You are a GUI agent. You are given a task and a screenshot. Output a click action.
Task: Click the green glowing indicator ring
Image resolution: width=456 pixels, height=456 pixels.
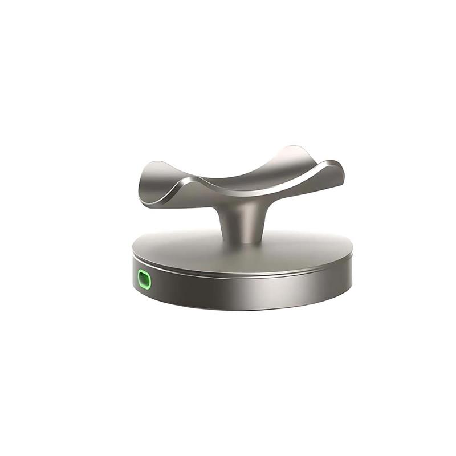pos(139,280)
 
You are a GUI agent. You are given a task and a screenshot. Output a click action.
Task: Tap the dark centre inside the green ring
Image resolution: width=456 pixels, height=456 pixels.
pos(145,280)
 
